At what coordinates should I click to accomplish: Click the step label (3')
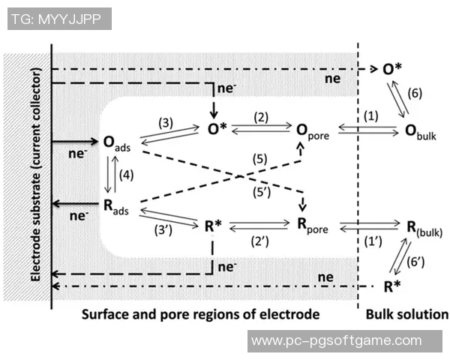163,231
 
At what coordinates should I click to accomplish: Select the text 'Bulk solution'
404,314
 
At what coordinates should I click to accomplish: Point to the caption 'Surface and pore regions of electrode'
202,314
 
